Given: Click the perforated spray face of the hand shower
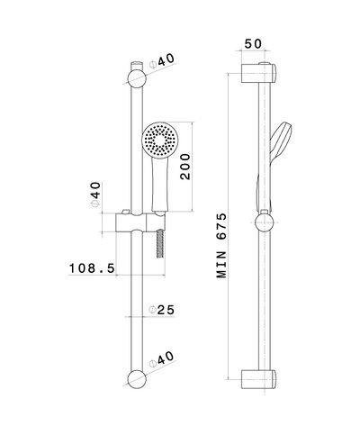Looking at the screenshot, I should (x=159, y=141).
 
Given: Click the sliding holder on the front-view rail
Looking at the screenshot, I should (x=133, y=222).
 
